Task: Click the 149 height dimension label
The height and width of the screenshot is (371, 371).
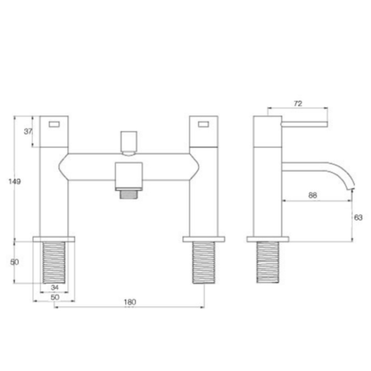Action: (14, 182)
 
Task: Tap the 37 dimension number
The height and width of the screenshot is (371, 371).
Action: (28, 131)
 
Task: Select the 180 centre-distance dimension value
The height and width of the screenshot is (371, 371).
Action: (130, 302)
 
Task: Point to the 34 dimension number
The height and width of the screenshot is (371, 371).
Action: (55, 287)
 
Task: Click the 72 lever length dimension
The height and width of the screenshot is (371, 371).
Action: (298, 103)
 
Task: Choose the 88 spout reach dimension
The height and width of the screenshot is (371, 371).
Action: (313, 195)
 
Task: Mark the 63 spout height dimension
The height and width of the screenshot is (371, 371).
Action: (358, 217)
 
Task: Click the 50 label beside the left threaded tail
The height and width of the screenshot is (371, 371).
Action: (14, 262)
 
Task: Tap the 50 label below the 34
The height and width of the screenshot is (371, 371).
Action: (55, 297)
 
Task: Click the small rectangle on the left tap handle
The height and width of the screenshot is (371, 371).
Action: (54, 124)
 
